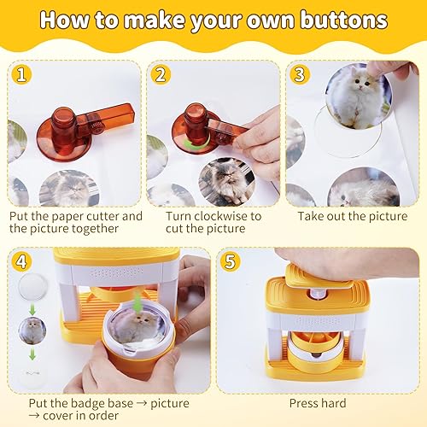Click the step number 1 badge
22,75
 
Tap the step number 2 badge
161,75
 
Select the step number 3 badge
300,75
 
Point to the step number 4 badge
22,261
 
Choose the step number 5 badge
231,261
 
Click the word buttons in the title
344,20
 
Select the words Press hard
318,403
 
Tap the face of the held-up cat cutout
362,83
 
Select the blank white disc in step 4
32,286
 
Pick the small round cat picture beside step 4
32,330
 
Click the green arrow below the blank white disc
32,309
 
